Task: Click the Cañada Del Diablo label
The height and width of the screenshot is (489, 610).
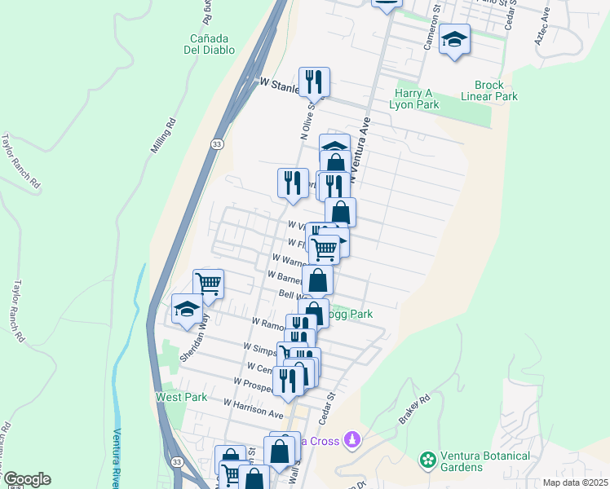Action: click(x=213, y=44)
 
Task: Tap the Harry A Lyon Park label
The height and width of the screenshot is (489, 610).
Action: click(x=418, y=99)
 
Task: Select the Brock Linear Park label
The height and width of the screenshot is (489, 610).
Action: click(x=495, y=90)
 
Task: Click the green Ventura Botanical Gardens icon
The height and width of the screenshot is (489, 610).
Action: click(x=427, y=461)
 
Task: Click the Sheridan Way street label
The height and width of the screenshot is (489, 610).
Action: click(x=190, y=345)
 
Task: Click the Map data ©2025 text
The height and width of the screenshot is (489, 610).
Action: click(x=574, y=482)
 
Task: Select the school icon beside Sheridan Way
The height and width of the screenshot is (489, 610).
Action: click(x=187, y=311)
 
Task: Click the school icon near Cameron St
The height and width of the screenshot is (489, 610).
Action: click(x=454, y=39)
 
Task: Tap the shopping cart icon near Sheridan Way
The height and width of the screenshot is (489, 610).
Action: click(x=209, y=284)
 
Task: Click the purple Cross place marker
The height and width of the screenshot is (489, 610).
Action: click(x=352, y=440)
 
